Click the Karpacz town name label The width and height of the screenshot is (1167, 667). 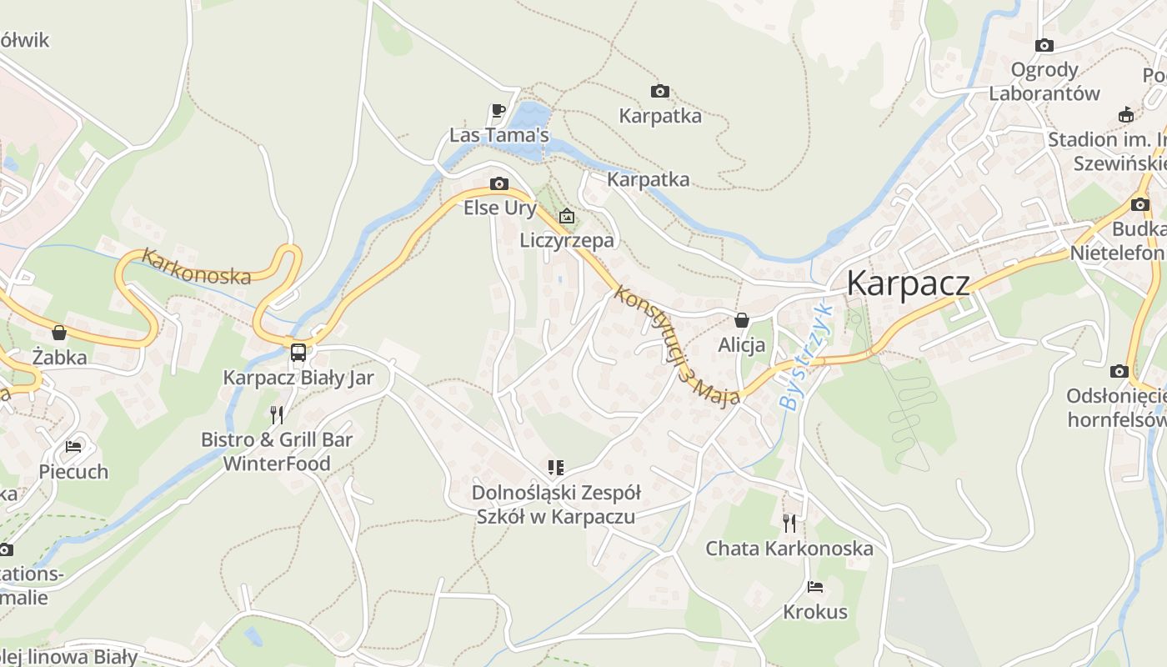coord(908,283)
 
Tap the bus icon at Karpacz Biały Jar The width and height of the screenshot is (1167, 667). coord(298,352)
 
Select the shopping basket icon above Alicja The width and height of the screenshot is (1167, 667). coord(742,320)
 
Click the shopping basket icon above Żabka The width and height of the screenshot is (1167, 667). coord(59,333)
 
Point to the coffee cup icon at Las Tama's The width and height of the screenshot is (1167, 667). coord(498,110)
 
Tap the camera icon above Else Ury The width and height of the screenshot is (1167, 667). coord(499,183)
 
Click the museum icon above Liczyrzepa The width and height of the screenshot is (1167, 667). coord(567,216)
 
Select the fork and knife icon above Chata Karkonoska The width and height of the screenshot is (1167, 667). coord(789,523)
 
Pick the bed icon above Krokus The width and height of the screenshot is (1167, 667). coord(815,587)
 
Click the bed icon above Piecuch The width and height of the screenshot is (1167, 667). coord(73,447)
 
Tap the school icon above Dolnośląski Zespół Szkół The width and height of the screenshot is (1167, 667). coord(555,468)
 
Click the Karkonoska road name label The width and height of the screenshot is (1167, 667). coord(196,267)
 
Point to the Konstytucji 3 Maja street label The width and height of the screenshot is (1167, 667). coord(676,344)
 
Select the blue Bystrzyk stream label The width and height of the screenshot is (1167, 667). coord(805,356)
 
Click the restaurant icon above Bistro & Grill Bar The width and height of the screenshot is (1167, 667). coord(277,414)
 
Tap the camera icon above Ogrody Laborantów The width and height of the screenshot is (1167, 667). coord(1044,45)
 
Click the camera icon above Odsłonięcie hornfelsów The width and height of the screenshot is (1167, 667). coord(1119,371)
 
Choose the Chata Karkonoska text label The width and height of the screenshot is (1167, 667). coord(789,549)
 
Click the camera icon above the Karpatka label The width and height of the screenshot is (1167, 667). coord(660,91)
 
